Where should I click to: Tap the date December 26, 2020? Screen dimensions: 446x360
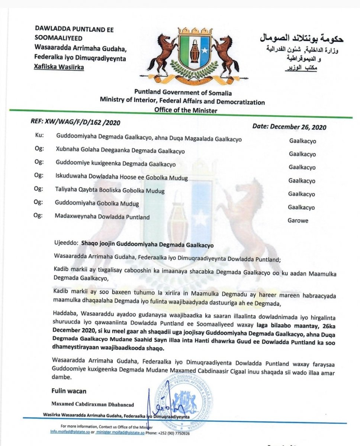(289, 127)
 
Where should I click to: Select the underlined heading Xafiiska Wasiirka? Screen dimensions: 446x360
(59, 67)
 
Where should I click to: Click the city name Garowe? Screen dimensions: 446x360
(298, 220)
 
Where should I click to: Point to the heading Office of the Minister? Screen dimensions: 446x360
(186, 110)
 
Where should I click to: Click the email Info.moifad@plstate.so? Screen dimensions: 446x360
(72, 433)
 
